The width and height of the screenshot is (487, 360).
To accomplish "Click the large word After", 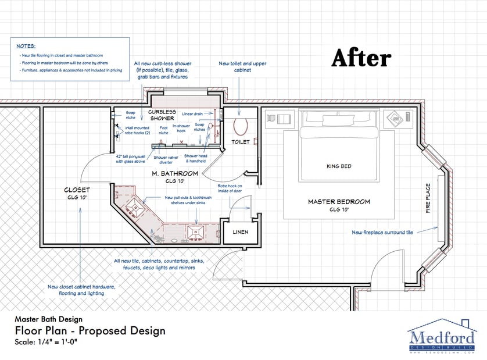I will [361, 58].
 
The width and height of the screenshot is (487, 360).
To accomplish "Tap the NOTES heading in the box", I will [26, 45].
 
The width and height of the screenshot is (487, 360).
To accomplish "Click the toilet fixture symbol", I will [240, 124].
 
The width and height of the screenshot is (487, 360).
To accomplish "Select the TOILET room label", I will [240, 141].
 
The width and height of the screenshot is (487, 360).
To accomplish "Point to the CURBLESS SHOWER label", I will [161, 115].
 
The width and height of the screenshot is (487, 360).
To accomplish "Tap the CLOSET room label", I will [77, 190].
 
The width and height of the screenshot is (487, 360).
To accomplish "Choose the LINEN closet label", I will [240, 232].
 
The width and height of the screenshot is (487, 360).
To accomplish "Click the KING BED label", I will [339, 166].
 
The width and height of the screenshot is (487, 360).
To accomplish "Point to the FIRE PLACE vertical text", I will [428, 198].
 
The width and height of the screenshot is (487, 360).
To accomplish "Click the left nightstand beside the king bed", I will [280, 119].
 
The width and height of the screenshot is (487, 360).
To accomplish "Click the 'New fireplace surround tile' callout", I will [382, 232].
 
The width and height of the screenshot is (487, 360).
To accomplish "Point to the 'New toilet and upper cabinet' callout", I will [242, 67].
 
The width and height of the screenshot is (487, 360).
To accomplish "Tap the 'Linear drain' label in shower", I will [192, 114].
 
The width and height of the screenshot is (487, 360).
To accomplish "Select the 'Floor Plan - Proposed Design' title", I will [90, 331].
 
